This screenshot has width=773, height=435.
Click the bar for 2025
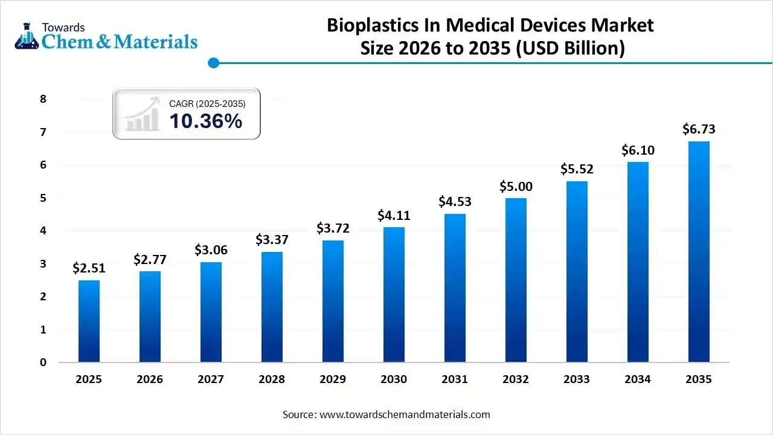coord(89,321)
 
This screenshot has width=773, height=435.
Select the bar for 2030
coord(394,295)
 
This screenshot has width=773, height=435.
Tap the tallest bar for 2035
coord(699,252)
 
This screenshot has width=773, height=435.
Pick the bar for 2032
coord(516,280)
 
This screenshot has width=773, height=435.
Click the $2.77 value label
coord(150,260)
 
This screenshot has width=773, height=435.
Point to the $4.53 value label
coord(455,202)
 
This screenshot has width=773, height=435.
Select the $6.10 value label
coord(638,150)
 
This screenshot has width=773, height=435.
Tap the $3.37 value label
coord(272,240)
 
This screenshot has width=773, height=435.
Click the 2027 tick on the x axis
coord(211,379)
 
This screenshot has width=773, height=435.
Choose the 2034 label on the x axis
coord(638,379)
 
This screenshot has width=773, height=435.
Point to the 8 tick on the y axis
coord(43,99)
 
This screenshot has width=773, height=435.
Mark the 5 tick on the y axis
coord(43,198)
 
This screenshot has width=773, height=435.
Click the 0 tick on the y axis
coord(43,362)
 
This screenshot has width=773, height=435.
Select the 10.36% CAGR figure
coord(205,121)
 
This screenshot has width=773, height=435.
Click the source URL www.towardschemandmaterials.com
coord(405,414)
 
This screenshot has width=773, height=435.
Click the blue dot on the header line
coord(213,63)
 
